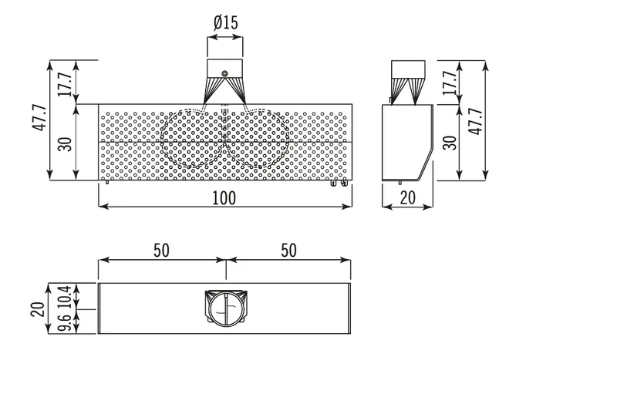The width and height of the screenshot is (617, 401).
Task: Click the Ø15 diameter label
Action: [226, 23]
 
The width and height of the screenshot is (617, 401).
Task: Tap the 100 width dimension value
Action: [224, 198]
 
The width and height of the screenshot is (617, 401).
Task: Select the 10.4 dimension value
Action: [65, 295]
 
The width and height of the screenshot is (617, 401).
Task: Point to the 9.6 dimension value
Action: [65, 322]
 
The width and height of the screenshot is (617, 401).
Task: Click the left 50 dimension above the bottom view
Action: [161, 251]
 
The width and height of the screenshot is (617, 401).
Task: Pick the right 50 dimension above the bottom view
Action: [288, 251]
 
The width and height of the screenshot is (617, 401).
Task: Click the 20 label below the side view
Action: [408, 197]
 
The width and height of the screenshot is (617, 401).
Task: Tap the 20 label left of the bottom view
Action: [38, 309]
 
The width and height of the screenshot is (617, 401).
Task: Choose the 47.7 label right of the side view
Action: [477, 122]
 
